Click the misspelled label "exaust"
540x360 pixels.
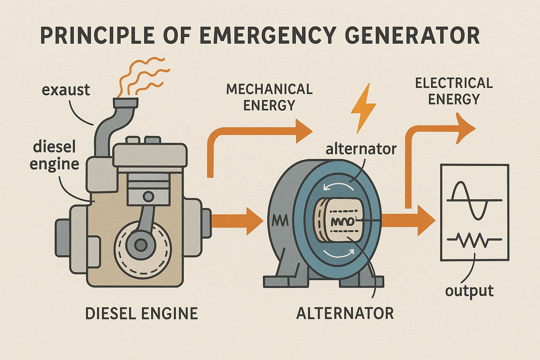66,90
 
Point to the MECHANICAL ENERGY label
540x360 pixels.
269,97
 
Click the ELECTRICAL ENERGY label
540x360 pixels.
454,91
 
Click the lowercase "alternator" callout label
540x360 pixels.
361,149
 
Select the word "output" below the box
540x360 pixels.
469,291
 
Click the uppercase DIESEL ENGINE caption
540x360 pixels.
141,314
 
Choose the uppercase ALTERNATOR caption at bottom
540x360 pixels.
345,314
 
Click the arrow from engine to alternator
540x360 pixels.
238,221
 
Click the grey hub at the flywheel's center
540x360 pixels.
141,245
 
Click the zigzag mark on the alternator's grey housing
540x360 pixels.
280,221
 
